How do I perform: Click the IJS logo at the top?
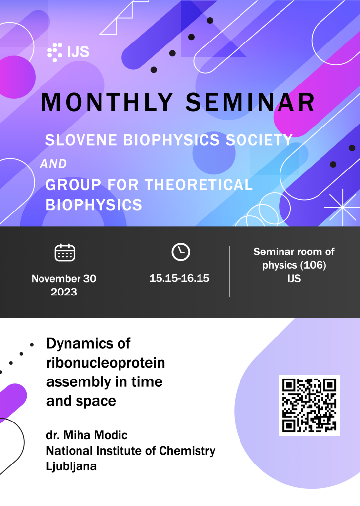(68, 52)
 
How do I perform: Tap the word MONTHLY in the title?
(107, 102)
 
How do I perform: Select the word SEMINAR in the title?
(250, 102)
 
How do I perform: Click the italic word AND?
(53, 164)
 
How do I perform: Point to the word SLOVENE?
(81, 140)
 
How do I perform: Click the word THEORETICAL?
(199, 185)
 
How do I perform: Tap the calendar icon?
(65, 253)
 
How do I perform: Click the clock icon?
(181, 252)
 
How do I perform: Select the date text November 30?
(64, 279)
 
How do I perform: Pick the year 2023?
(64, 292)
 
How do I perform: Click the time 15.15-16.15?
(179, 278)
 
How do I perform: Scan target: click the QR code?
(309, 405)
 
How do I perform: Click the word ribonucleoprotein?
(106, 363)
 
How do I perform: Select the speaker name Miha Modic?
(95, 435)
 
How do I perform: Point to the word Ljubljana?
(71, 466)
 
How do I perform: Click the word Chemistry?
(187, 451)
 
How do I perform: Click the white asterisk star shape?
(342, 207)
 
